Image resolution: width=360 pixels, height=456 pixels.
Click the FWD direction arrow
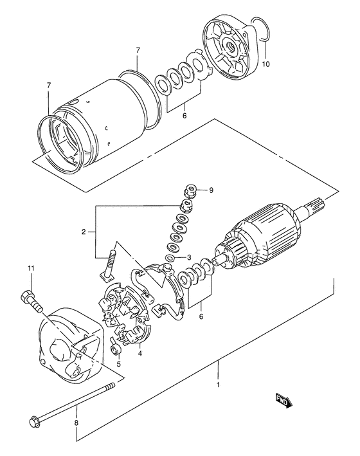click(x=283, y=401)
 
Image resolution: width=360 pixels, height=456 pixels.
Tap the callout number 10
click(x=265, y=64)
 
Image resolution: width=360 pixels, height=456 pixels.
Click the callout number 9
click(x=211, y=190)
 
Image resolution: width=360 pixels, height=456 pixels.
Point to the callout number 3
click(x=189, y=257)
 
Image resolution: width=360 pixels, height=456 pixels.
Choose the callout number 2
click(x=84, y=232)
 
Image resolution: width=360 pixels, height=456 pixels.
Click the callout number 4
click(x=140, y=354)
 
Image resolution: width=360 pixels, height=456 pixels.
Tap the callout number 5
click(x=118, y=363)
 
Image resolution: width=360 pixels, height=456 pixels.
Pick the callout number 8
click(x=76, y=423)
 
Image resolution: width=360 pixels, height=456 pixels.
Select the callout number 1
click(x=218, y=385)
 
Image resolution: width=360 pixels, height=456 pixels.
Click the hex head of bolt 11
click(x=26, y=296)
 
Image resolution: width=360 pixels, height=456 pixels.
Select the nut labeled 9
click(x=190, y=192)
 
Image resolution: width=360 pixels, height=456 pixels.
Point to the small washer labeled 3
click(x=169, y=258)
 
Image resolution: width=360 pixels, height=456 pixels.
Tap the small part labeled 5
click(x=116, y=348)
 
